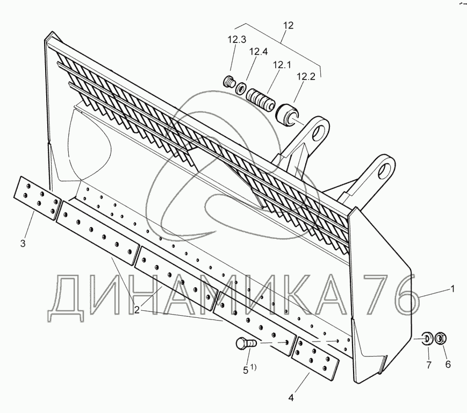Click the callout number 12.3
pyautogui.click(x=237, y=39)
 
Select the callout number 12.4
pyautogui.click(x=258, y=52)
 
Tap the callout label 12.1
pyautogui.click(x=282, y=65)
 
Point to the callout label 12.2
pyautogui.click(x=305, y=77)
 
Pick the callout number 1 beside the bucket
pyautogui.click(x=452, y=289)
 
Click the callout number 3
pyautogui.click(x=23, y=244)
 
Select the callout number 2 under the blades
pyautogui.click(x=137, y=310)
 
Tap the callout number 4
pyautogui.click(x=291, y=398)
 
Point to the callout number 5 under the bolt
pyautogui.click(x=246, y=369)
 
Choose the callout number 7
pyautogui.click(x=428, y=365)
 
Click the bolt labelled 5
pyautogui.click(x=245, y=343)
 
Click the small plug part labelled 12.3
pyautogui.click(x=229, y=82)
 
